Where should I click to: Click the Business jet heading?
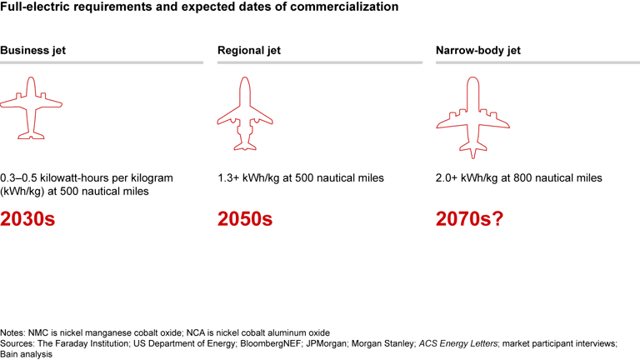(x=32, y=50)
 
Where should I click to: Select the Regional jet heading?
(x=249, y=50)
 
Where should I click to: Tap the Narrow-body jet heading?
(x=477, y=50)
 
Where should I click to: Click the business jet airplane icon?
(x=31, y=107)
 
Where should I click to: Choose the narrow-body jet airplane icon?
(x=472, y=117)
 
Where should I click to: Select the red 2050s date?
(x=245, y=219)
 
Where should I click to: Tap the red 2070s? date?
(x=469, y=219)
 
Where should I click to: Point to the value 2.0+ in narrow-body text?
(x=447, y=178)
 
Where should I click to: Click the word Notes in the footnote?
(x=13, y=332)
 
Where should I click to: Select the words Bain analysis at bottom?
(x=27, y=353)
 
